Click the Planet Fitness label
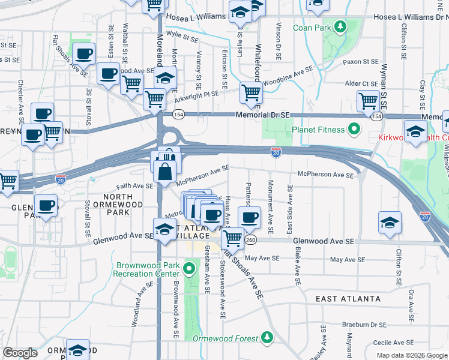(x=318, y=130)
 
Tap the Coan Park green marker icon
(x=340, y=28)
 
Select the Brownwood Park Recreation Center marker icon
(x=191, y=268)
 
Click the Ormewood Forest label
(x=226, y=338)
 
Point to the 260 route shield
(x=251, y=240)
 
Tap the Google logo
(x=20, y=353)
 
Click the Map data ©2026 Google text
(x=412, y=355)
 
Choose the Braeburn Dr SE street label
(x=364, y=325)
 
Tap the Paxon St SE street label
(x=360, y=62)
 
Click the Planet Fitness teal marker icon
(x=354, y=129)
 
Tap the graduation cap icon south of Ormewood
(x=78, y=350)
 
